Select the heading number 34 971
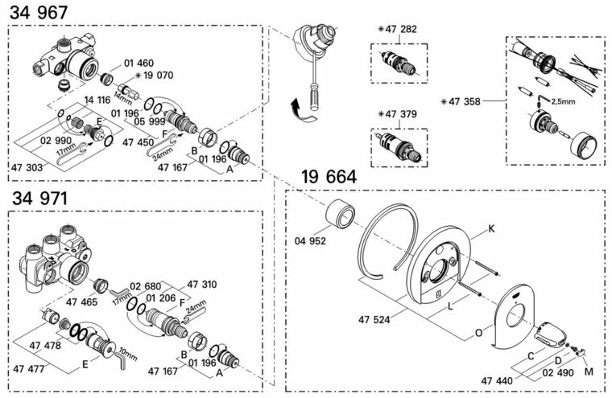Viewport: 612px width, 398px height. point(38,198)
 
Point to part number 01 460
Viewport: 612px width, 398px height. point(138,63)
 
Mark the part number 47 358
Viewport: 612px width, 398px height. point(467,102)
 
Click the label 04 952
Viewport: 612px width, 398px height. point(310,240)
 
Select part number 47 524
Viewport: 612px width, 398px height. point(375,319)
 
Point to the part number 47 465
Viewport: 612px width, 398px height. point(82,302)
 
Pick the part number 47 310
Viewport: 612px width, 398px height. point(203,285)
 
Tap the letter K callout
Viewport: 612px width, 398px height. point(491,229)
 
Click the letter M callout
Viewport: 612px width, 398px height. point(588,371)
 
